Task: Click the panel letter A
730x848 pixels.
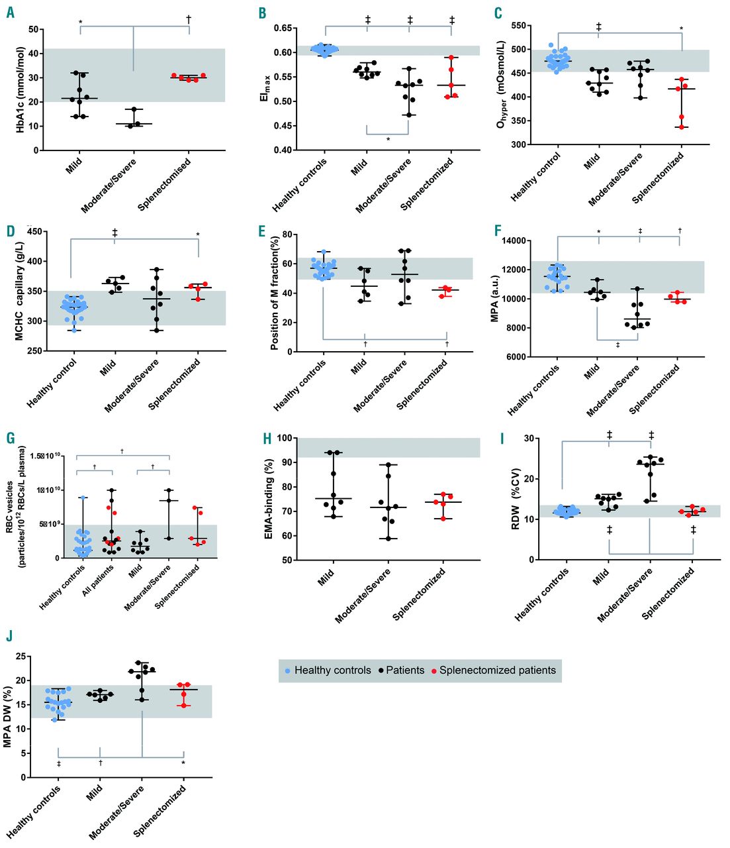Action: (11, 12)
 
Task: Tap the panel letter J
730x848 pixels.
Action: (9, 636)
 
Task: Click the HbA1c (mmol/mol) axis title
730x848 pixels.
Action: (20, 90)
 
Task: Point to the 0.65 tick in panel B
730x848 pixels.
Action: (283, 28)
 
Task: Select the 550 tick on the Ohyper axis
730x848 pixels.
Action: (518, 26)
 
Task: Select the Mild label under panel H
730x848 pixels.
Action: (326, 578)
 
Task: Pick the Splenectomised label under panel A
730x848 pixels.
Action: (164, 185)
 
